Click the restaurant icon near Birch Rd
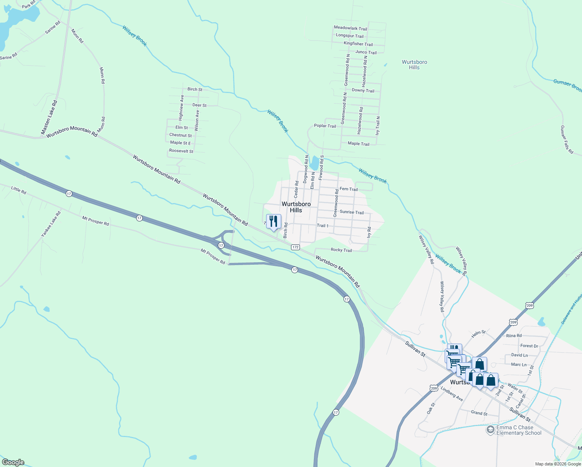[273, 221]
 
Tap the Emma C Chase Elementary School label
[519, 430]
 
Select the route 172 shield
[295, 247]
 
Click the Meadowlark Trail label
[350, 28]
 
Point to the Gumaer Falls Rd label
[566, 139]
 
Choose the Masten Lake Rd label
[49, 118]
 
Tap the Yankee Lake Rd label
[51, 224]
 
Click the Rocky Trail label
[341, 250]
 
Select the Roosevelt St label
[181, 151]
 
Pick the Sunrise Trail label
[352, 212]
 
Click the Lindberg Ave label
[452, 394]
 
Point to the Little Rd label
[19, 190]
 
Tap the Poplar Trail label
[325, 126]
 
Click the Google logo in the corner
[13, 462]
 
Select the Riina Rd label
[514, 335]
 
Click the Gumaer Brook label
[567, 85]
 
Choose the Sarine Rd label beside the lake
[53, 27]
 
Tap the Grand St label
[479, 413]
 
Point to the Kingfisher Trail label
[358, 44]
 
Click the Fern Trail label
[349, 189]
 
